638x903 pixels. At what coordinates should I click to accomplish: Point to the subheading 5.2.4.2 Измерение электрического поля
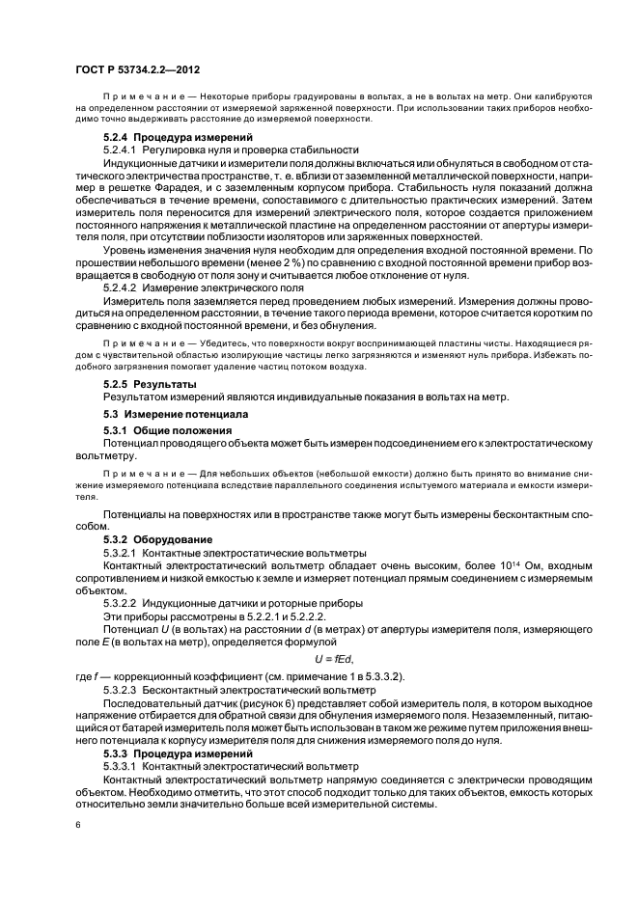pyautogui.click(x=203, y=288)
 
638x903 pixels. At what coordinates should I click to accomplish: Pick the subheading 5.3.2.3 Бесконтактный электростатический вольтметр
pyautogui.click(x=236, y=692)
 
